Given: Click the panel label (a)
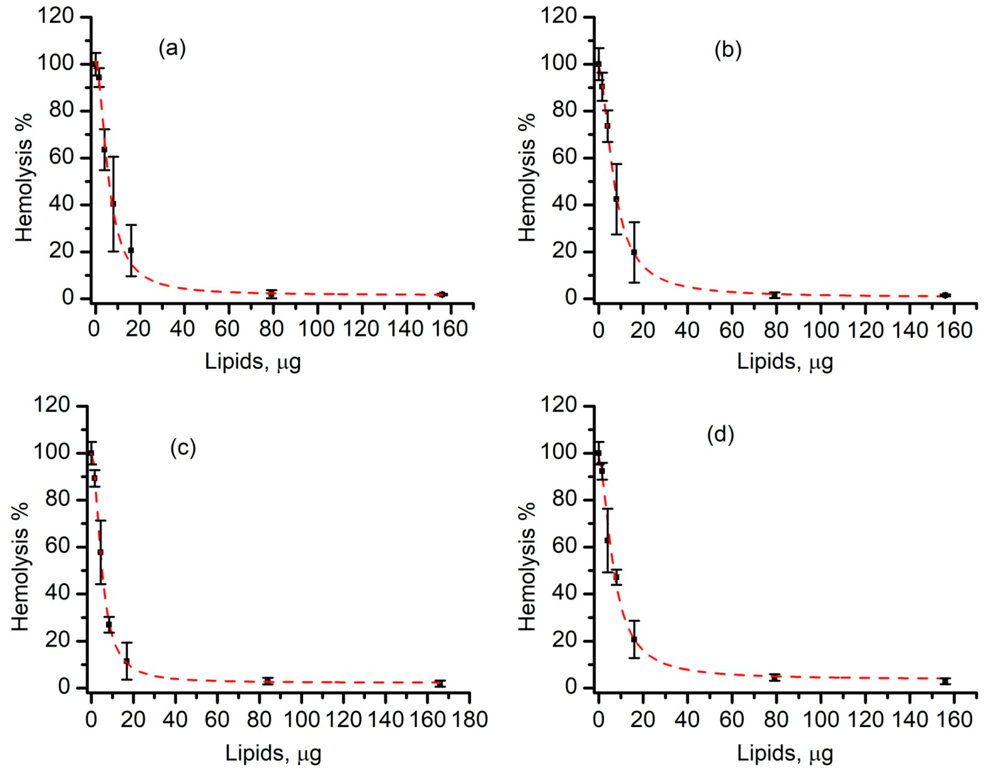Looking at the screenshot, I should click(x=172, y=48).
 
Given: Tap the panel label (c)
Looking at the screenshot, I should click(x=183, y=448).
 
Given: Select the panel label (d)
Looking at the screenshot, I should click(x=721, y=435).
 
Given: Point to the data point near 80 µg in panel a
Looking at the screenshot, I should click(x=272, y=294).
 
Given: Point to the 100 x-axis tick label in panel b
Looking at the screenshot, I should click(x=821, y=330).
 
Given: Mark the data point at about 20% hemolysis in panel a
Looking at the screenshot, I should click(x=131, y=250).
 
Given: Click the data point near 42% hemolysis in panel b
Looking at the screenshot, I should click(x=616, y=199).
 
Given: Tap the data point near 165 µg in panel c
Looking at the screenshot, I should click(x=439, y=683).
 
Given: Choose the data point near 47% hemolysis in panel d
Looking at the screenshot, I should click(x=616, y=577).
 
